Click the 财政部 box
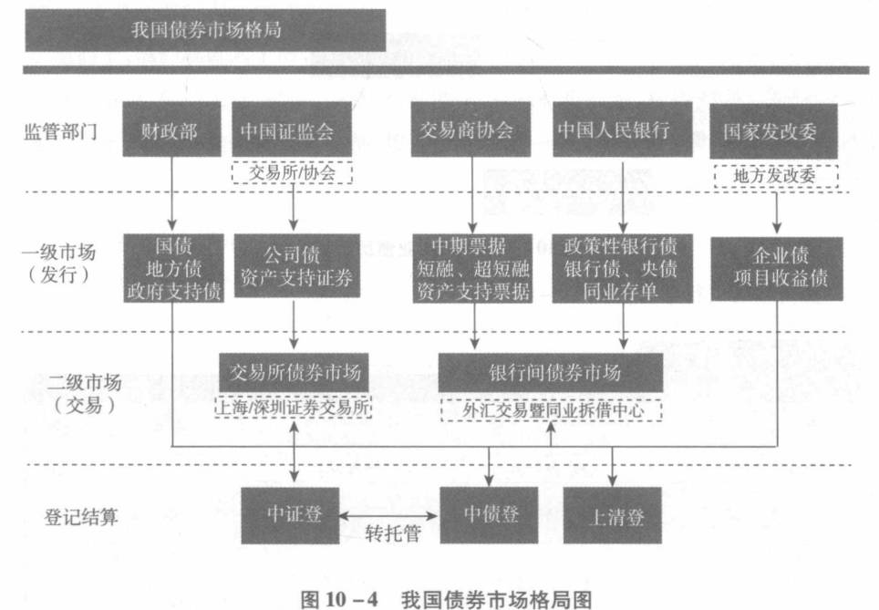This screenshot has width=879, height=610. (x=170, y=130)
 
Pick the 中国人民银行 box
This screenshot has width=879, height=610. (x=622, y=130)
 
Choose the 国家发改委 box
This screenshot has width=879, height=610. (x=776, y=130)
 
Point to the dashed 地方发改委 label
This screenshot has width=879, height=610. (x=776, y=175)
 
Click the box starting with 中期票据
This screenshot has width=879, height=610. (x=472, y=267)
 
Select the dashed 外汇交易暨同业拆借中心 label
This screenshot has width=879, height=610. (x=550, y=410)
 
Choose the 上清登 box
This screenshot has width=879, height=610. (x=613, y=516)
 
